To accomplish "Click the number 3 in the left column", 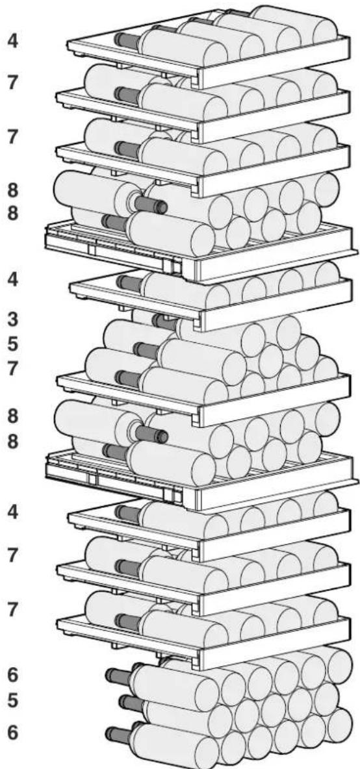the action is click(x=12, y=320).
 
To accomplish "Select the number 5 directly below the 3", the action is click(x=12, y=344).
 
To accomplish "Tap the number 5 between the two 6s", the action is click(x=13, y=701).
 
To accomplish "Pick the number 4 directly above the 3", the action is click(x=12, y=280).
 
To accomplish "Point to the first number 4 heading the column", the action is click(x=13, y=41).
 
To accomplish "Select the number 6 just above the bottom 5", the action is click(x=13, y=676).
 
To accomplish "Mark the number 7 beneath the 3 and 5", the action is click(x=12, y=369).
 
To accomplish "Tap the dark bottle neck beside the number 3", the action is click(x=165, y=321).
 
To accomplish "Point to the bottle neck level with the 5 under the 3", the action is click(x=146, y=351).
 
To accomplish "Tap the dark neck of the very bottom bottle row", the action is click(x=120, y=734).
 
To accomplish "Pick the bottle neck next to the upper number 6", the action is click(x=119, y=676).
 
